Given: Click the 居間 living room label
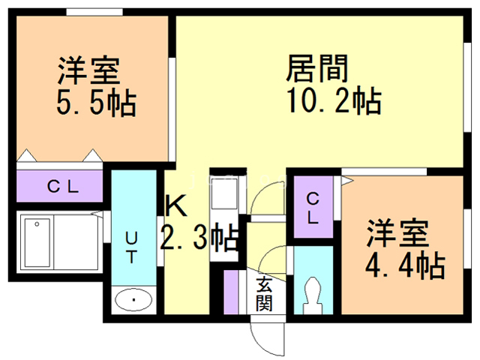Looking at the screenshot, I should [317, 69].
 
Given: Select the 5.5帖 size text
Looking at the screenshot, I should [95, 103].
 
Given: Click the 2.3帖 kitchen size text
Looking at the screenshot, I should [200, 238].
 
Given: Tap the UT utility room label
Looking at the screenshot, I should [130, 247].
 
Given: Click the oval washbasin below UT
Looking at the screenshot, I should [134, 301].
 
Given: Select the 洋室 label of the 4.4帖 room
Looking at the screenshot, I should [397, 233].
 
